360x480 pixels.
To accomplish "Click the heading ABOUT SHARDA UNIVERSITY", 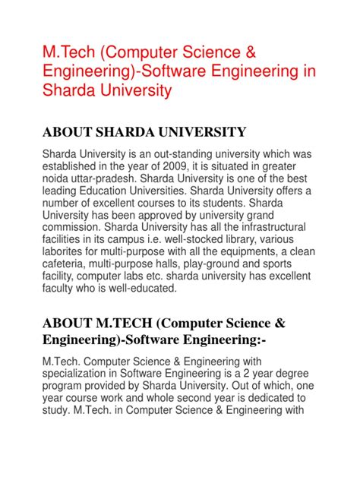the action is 144,133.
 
